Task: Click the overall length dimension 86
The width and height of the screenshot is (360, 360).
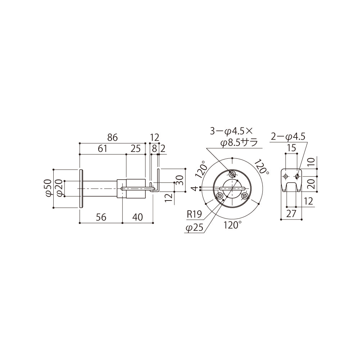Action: tap(112, 137)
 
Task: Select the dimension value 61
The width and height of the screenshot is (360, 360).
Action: tap(102, 149)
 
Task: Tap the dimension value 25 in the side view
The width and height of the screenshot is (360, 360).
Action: tap(135, 149)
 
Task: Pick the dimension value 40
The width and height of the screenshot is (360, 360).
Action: tap(138, 217)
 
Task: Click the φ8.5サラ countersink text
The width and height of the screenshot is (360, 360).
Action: tap(239, 143)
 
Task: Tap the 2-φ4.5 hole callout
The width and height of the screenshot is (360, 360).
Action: tap(288, 136)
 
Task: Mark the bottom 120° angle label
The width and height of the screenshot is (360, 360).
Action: tap(232, 225)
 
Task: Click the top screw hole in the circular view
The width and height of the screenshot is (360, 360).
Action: tap(232, 174)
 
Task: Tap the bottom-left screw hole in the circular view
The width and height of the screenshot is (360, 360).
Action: tap(219, 196)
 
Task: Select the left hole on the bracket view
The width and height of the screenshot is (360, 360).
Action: tap(285, 176)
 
